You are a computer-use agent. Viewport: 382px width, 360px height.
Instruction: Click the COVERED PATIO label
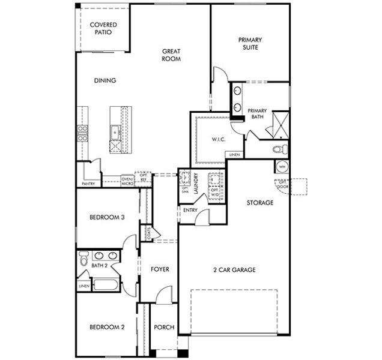click(103, 29)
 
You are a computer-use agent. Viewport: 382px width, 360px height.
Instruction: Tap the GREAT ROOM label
click(171, 55)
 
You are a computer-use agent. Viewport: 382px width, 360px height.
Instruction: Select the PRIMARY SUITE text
click(250, 43)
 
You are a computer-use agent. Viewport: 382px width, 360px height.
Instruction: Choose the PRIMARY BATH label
click(257, 114)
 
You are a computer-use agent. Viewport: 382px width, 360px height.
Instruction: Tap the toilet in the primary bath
click(279, 149)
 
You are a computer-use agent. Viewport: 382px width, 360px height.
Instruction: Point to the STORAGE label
click(260, 203)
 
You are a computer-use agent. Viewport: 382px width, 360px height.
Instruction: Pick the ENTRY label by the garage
click(190, 211)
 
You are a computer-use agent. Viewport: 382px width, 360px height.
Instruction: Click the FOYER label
click(159, 270)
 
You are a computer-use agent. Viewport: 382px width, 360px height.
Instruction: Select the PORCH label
click(163, 328)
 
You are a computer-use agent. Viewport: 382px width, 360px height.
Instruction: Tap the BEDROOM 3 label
click(106, 218)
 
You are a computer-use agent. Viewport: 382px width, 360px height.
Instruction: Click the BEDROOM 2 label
click(106, 328)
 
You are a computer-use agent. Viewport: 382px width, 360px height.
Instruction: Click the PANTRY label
click(88, 184)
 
